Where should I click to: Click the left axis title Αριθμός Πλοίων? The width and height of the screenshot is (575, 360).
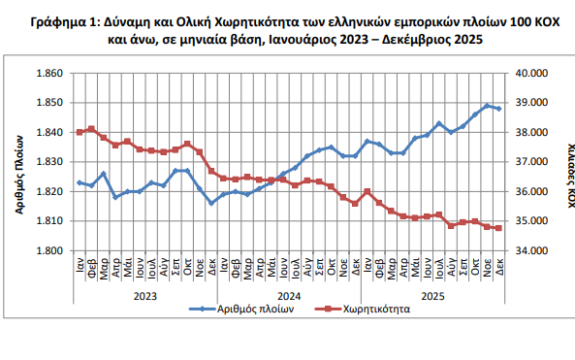tap(20, 162)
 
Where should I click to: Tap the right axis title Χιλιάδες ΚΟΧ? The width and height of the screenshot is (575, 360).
tap(563, 161)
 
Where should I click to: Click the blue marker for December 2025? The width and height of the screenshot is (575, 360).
tap(498, 109)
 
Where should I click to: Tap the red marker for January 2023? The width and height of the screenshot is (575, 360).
tap(80, 132)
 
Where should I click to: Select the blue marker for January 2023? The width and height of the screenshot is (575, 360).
tap(80, 182)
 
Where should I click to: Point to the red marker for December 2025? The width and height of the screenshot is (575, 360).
tap(498, 228)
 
